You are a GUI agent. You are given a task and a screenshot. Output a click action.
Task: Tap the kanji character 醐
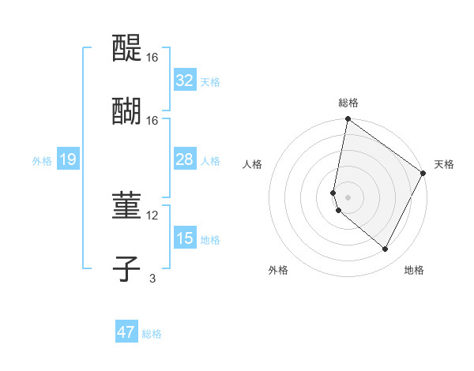(126, 111)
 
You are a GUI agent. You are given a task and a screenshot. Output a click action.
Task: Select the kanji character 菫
(126, 208)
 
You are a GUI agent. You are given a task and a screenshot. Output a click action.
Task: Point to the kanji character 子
(126, 268)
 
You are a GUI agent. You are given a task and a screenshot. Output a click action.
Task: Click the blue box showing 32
(185, 81)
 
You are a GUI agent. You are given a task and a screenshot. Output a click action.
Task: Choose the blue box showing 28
(185, 159)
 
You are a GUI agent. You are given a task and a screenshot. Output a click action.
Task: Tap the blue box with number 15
(185, 238)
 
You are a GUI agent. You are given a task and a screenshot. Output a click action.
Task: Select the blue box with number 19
(68, 159)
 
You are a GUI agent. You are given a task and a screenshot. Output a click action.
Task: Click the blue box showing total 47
(126, 332)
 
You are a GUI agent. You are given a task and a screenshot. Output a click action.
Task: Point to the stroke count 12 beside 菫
(152, 215)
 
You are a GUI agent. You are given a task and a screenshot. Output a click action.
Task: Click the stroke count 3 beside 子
(152, 277)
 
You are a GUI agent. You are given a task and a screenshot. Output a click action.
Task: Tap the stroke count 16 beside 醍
(152, 58)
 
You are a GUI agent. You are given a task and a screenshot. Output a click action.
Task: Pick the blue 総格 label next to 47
(152, 334)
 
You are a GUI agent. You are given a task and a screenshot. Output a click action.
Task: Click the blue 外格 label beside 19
(42, 161)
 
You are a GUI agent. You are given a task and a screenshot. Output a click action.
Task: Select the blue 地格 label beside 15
(210, 240)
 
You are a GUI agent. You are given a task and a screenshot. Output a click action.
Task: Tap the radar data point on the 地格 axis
(386, 249)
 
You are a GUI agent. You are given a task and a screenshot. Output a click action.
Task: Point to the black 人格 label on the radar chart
(252, 164)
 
